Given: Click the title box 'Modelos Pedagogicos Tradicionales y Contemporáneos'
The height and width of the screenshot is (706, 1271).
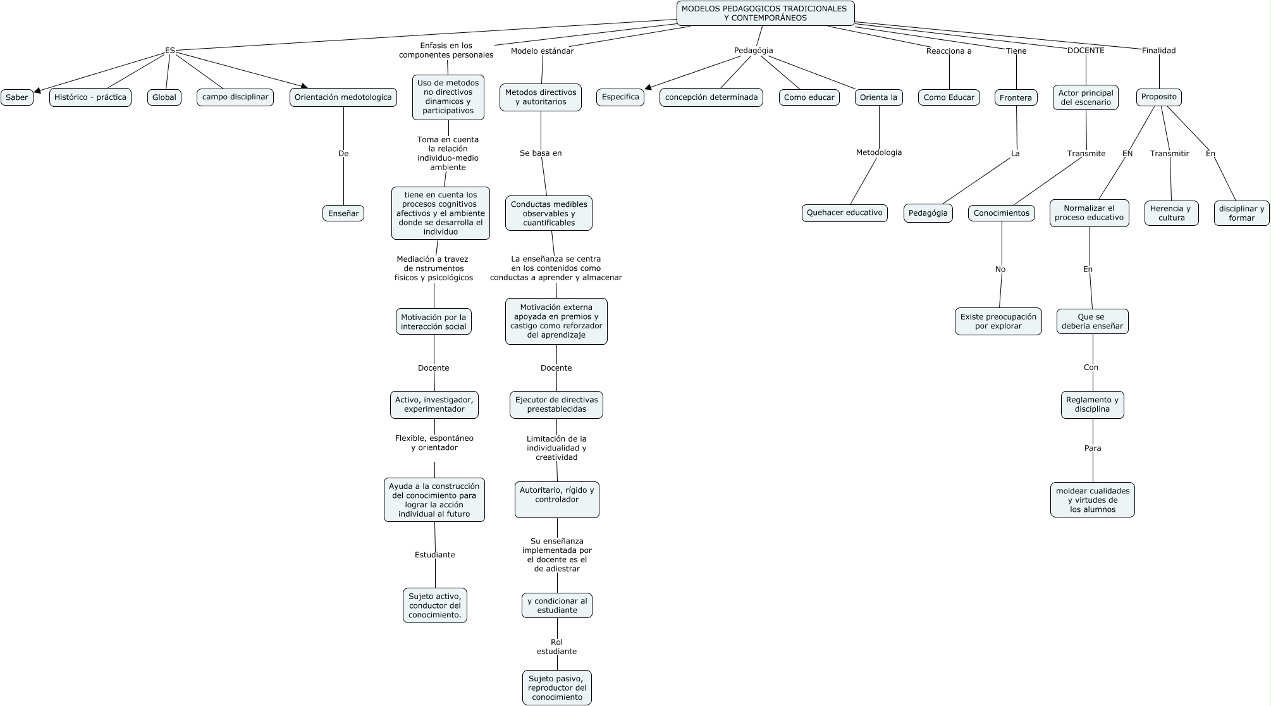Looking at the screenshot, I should tap(765, 13).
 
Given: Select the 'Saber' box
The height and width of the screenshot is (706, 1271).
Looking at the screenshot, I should tap(17, 97).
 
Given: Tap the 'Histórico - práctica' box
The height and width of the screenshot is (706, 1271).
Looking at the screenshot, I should tap(90, 97).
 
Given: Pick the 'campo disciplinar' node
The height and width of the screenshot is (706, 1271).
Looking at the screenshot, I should tap(235, 97).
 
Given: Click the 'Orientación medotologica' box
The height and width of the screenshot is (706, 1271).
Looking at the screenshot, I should tap(343, 97).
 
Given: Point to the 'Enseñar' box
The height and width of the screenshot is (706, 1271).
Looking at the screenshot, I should tap(343, 213).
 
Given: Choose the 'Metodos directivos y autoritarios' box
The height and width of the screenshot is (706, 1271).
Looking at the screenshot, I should tap(541, 97).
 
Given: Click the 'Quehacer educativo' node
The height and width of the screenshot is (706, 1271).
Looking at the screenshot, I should tap(844, 213).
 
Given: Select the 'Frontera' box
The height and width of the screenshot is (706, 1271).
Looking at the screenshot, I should tap(1016, 97).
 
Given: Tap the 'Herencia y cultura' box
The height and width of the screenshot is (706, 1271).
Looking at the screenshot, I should tap(1171, 213).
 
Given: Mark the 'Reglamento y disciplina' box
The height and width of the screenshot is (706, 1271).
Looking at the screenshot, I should tap(1092, 404).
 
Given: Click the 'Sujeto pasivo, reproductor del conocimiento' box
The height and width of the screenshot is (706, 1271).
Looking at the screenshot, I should tap(557, 688).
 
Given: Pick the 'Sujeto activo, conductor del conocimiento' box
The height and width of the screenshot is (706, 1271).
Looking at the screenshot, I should tap(435, 605).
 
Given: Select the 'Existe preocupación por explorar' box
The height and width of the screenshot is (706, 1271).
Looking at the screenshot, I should tap(998, 321).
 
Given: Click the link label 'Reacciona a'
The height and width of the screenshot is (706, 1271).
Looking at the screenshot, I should tap(949, 51).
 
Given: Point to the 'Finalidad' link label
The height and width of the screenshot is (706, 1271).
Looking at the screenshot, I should tap(1158, 51).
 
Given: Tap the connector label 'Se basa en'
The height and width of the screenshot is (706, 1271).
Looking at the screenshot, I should tap(541, 153).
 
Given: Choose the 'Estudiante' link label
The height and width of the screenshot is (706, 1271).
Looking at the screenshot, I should tap(434, 555).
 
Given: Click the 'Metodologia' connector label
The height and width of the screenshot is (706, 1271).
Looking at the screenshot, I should tap(878, 152).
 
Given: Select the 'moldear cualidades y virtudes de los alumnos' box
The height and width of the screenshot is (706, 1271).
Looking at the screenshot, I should tap(1092, 500).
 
